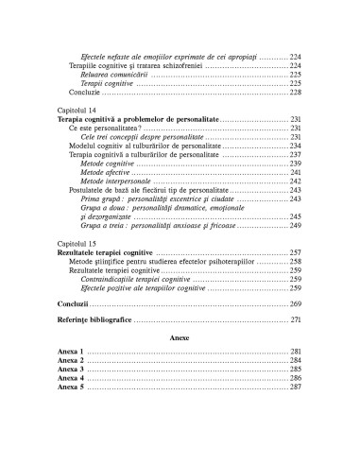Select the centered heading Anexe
[179, 336]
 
